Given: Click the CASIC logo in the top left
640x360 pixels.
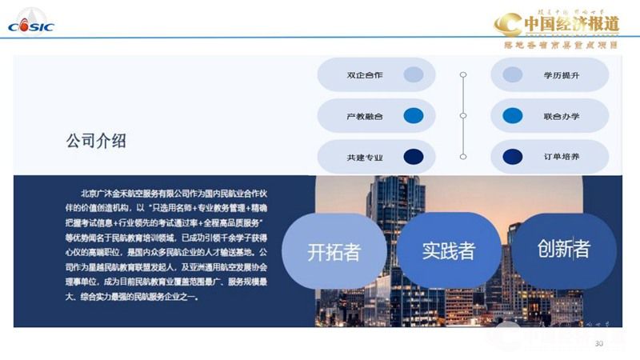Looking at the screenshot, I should coord(31,25).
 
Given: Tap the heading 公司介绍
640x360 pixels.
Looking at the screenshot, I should coord(96,142).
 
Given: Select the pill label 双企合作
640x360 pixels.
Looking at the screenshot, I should coord(364,75).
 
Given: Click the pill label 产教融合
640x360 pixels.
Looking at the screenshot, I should coord(364,116).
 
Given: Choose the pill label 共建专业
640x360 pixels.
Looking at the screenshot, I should coord(364,157).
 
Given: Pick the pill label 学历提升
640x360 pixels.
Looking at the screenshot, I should coord(562,75).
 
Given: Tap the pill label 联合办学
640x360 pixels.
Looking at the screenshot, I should coord(562,116).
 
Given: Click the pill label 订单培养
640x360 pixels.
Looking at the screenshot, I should coord(562,157).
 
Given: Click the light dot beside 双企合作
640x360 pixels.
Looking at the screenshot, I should coord(413,75).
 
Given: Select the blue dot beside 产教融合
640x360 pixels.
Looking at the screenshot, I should coord(413,116).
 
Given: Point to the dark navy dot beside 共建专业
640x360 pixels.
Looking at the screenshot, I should coord(413,157).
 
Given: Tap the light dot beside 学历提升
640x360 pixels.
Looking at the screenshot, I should coord(513,75).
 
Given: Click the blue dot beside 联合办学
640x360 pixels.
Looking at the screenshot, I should coord(513,116).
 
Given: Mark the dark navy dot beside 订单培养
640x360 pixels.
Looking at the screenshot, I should coord(513,157).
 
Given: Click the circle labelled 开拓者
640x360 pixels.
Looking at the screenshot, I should coord(334,251).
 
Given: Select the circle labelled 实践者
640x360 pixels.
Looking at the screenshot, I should coord(448,250).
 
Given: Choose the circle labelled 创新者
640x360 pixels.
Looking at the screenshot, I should coord(563,249).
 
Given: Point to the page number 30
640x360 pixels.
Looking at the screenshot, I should coord(599,343).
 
